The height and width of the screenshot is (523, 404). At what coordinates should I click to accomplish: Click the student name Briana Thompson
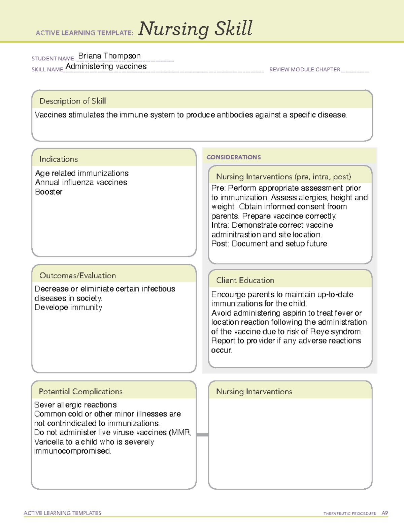[109, 56]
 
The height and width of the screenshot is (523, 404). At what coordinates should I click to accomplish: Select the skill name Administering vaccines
[106, 66]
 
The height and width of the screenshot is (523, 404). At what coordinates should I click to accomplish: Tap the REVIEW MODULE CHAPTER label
[305, 69]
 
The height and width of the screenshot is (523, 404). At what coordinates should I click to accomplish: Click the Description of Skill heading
[72, 101]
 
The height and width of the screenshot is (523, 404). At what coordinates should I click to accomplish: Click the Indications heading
[58, 159]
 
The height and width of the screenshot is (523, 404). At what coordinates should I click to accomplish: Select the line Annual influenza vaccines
[81, 183]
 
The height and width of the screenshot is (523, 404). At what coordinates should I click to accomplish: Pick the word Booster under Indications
[49, 192]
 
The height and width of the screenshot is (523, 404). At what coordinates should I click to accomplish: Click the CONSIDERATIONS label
[234, 157]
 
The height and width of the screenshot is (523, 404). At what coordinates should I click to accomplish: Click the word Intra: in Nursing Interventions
[220, 225]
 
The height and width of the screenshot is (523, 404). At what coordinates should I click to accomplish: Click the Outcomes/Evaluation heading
[77, 275]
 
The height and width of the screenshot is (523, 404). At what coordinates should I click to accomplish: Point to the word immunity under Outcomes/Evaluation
[86, 307]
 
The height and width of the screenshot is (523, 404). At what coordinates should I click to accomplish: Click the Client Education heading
[245, 280]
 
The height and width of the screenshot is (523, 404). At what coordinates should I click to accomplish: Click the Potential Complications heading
[80, 392]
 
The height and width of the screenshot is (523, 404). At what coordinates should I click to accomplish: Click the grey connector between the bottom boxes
[202, 435]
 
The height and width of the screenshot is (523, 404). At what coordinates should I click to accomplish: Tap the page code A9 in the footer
[385, 513]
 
